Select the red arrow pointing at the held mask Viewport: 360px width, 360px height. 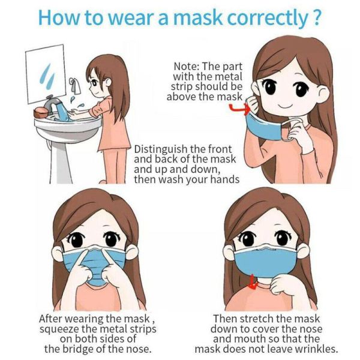click(x=238, y=109)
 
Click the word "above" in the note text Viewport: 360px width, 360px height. click(x=187, y=97)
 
